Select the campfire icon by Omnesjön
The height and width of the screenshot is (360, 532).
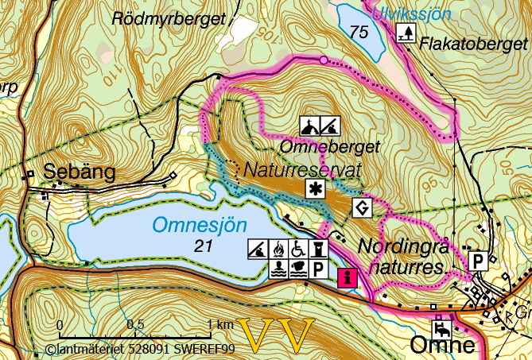(278, 250)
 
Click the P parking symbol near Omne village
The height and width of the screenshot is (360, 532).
(478, 261)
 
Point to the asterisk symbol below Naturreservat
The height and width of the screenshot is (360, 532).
(316, 189)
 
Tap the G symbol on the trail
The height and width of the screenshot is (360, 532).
(363, 209)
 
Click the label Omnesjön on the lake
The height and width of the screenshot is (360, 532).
(200, 226)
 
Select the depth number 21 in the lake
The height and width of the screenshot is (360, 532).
(202, 247)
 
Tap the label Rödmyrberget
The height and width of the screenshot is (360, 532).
(167, 17)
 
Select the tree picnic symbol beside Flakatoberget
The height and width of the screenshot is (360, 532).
(406, 33)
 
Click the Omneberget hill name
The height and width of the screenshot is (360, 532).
(330, 147)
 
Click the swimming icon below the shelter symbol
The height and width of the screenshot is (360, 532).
(278, 269)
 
